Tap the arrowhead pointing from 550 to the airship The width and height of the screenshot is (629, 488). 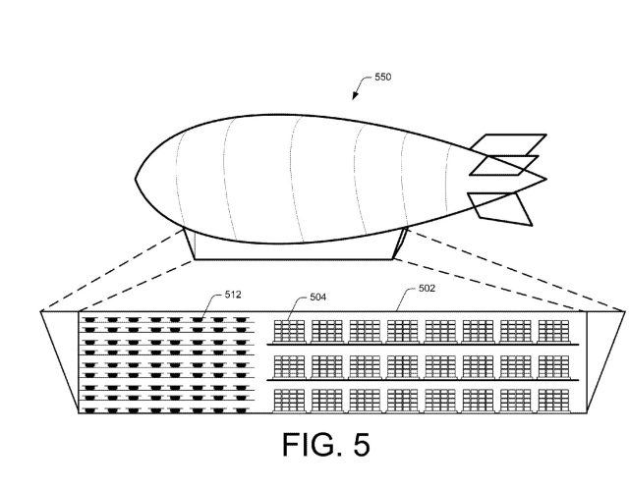point(356,98)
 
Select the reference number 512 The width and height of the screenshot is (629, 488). point(233,293)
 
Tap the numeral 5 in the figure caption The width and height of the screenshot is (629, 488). point(361,446)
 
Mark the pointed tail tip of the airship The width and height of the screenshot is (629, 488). point(545,180)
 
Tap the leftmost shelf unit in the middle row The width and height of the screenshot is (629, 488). point(290,364)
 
